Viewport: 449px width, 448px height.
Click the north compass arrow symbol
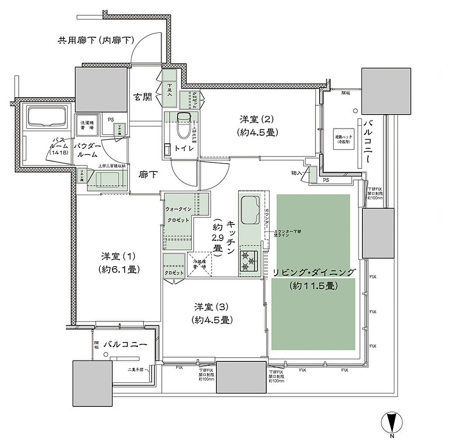[391, 422]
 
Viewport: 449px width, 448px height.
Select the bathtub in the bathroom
[46, 117]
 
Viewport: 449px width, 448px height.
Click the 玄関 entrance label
[143, 97]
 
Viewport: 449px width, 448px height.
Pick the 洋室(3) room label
[211, 313]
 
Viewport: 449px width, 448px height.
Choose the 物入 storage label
[297, 173]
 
